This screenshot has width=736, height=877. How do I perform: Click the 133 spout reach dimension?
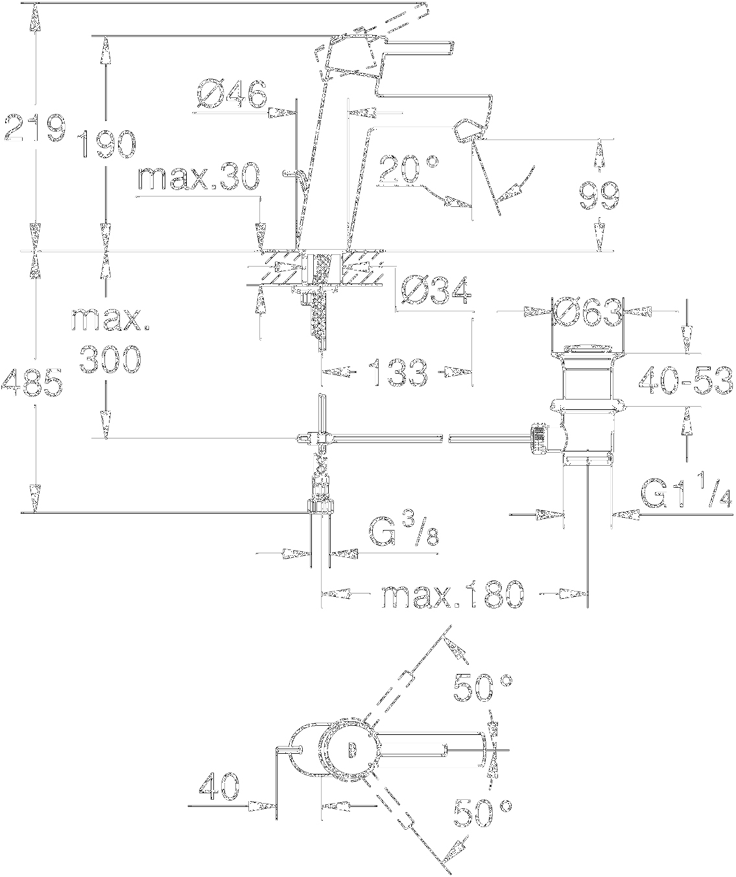click(x=398, y=372)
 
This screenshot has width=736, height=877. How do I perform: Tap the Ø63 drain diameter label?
click(x=587, y=313)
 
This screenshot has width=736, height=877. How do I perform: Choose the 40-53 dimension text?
click(x=686, y=381)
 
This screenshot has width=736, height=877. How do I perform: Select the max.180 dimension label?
click(x=451, y=595)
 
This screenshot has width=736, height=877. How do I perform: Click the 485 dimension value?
click(x=32, y=383)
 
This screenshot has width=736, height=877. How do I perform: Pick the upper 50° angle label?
click(x=482, y=689)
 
